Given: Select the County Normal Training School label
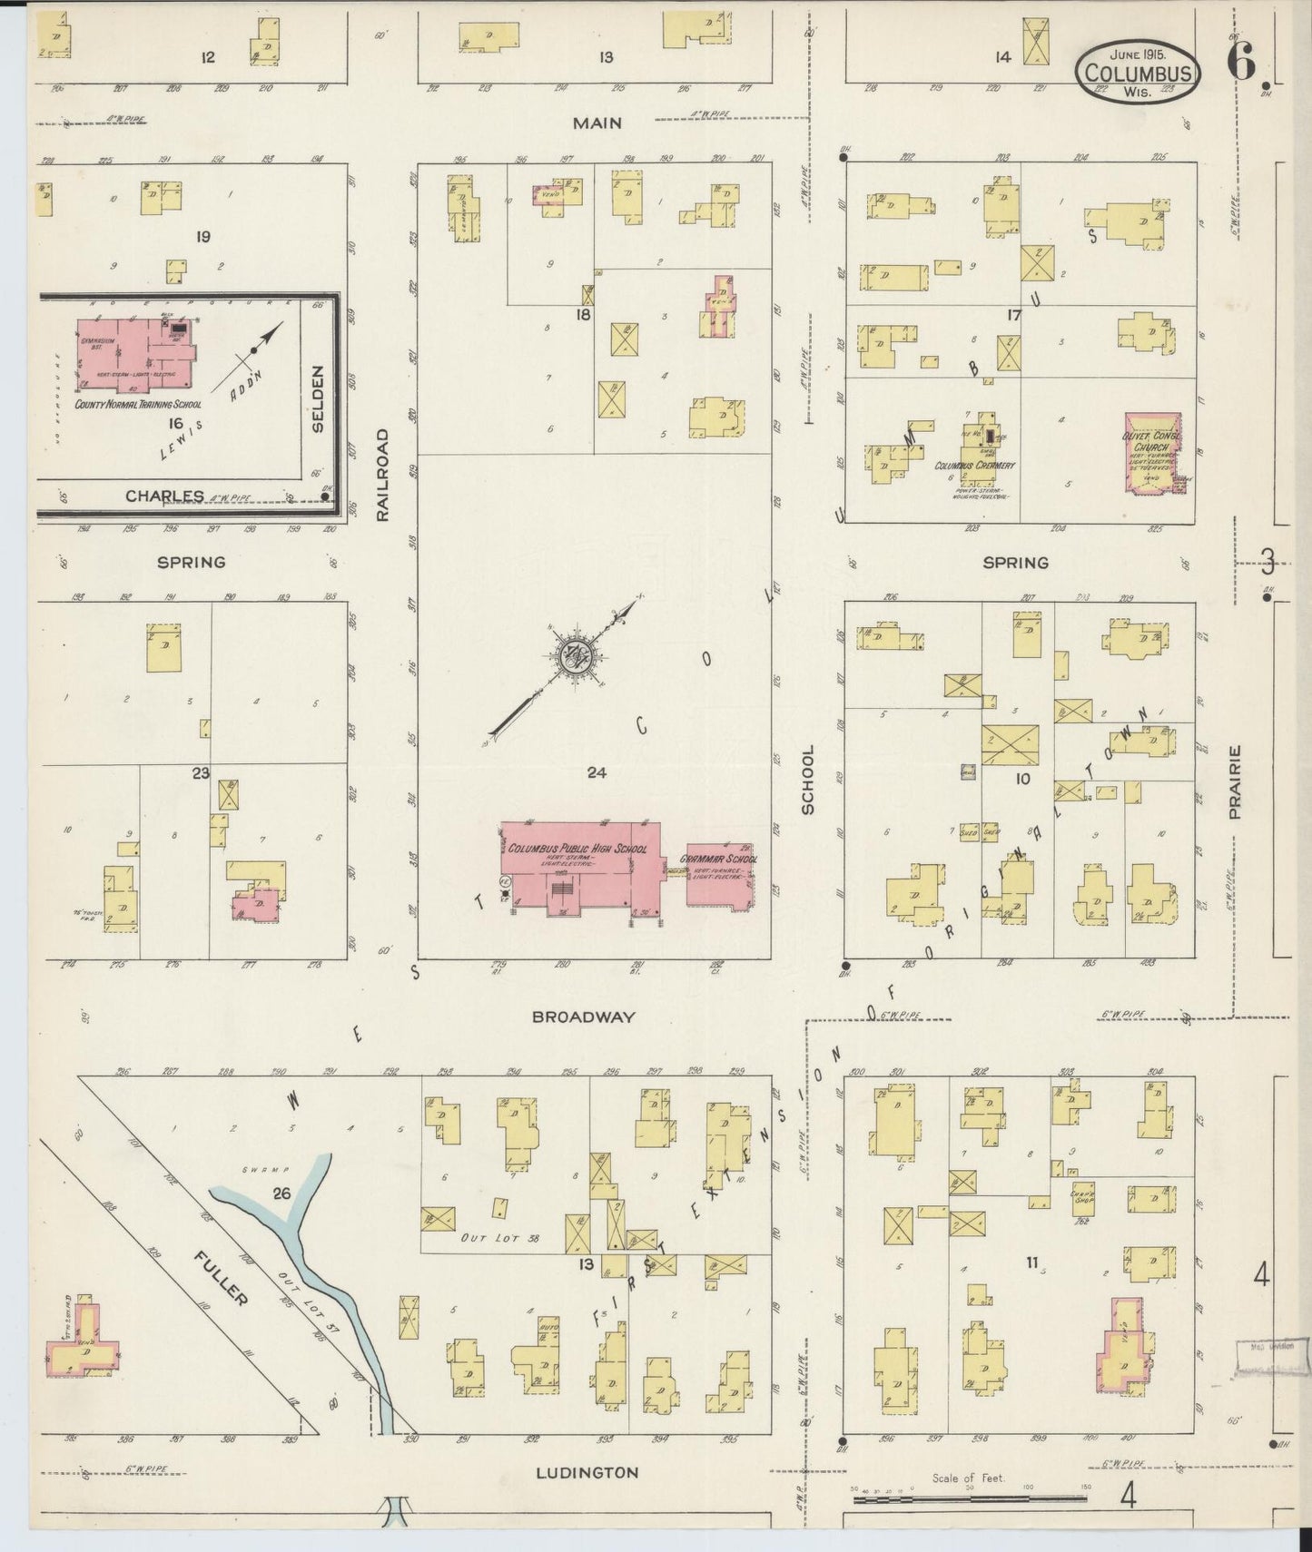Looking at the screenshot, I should click(x=138, y=405).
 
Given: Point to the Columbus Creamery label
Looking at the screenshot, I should click(x=975, y=465).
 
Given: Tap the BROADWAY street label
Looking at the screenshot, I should click(x=584, y=1017).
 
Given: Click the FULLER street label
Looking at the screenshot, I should click(x=221, y=1277).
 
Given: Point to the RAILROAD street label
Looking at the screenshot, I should click(x=382, y=475).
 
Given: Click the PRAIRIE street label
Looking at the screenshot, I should click(x=1235, y=782).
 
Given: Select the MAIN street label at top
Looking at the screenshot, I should click(x=597, y=123).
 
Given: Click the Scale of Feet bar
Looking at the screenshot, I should click(x=968, y=1498).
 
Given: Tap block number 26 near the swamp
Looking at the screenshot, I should click(x=281, y=1193).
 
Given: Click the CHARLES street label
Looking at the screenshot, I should click(x=165, y=496).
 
